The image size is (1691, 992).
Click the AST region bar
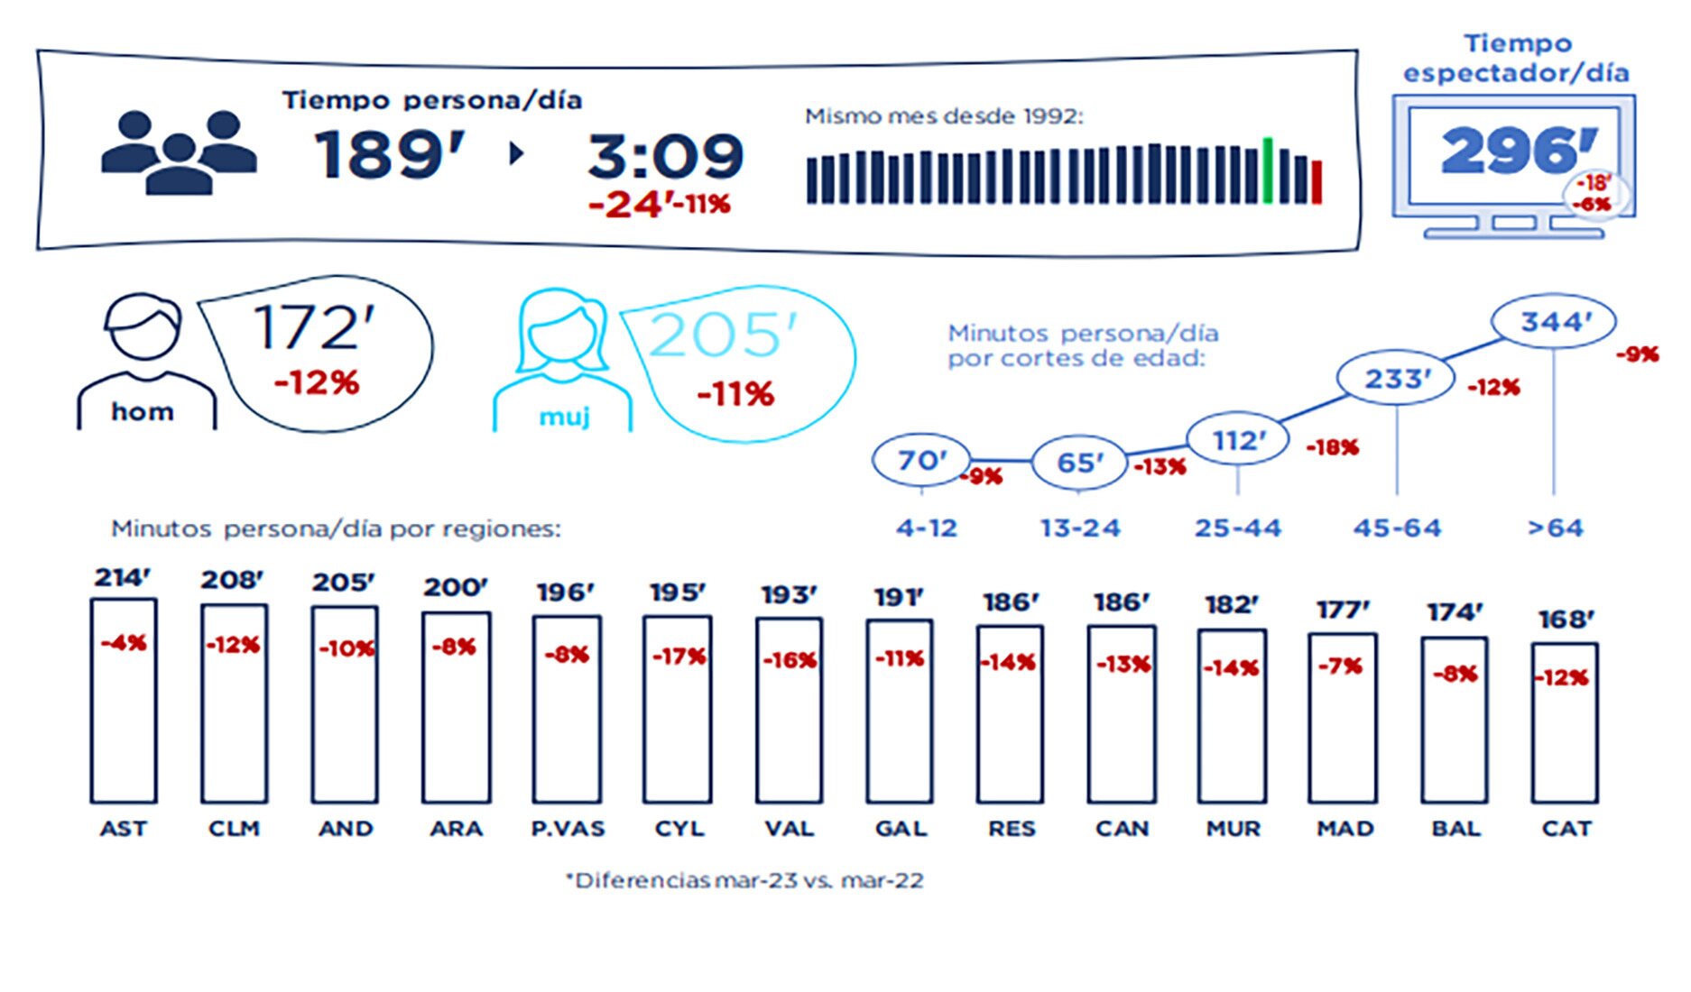tap(124, 702)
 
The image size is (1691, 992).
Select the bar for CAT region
tap(1565, 723)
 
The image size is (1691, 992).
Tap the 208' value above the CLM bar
tap(232, 580)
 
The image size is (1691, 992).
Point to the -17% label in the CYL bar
tap(679, 657)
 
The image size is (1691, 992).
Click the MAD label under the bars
tap(1344, 829)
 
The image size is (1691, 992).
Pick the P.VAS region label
tap(568, 829)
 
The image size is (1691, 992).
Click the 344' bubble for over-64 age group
tap(1554, 322)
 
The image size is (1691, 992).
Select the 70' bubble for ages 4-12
tap(921, 460)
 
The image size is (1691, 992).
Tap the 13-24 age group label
tap(1080, 528)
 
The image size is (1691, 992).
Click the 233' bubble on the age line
tap(1396, 379)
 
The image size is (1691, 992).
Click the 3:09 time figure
tap(666, 156)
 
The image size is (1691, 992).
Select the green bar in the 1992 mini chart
tap(1268, 170)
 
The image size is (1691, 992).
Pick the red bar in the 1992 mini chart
tap(1317, 181)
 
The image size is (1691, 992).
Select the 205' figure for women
tap(723, 335)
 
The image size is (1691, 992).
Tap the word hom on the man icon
tap(143, 412)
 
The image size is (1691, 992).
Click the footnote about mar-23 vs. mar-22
tap(744, 880)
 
